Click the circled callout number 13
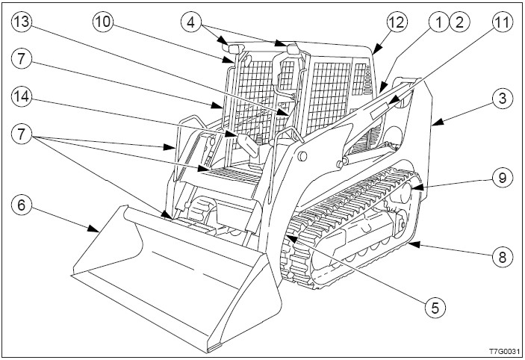[x=22, y=22]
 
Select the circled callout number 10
[x=103, y=22]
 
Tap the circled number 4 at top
[x=191, y=22]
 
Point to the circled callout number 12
[x=397, y=22]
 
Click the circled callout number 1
[x=438, y=22]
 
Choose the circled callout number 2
[x=459, y=22]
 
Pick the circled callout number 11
[x=503, y=22]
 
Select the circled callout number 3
[x=503, y=99]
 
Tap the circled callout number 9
[x=503, y=178]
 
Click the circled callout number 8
[x=503, y=257]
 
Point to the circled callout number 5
[x=435, y=307]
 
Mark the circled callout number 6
[x=22, y=205]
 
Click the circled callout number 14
[x=22, y=97]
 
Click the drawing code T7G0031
[x=505, y=351]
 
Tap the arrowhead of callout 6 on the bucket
[x=93, y=229]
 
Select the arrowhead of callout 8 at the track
[x=414, y=244]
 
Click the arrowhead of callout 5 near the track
[x=292, y=238]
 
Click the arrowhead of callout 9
[x=417, y=187]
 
